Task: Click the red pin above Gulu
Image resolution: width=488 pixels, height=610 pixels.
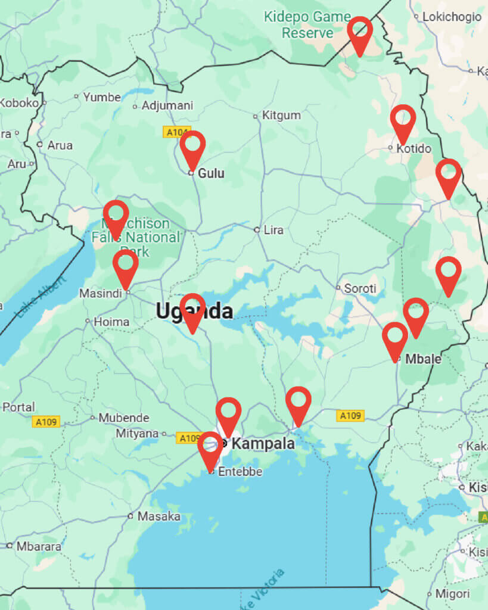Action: pos(192,145)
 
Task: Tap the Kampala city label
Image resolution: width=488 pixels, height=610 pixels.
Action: pos(262,444)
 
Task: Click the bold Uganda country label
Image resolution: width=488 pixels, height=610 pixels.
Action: pos(194,311)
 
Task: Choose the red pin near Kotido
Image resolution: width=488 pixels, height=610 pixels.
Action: pos(403,119)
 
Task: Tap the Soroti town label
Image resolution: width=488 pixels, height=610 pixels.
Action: pos(359,289)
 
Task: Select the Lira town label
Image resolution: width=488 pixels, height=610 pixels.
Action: pos(273,230)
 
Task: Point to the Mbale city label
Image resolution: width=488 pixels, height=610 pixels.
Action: pos(423,359)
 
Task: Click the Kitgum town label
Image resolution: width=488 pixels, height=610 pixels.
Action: pos(281,116)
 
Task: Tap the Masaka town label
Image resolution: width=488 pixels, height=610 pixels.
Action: pos(158,516)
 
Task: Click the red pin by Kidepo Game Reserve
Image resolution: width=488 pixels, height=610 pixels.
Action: pos(360,31)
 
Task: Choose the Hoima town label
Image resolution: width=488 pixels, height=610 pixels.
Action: pos(111,322)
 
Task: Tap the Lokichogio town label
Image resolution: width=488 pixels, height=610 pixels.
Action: pos(451,17)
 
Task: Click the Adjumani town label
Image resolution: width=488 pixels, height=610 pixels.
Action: pos(167,106)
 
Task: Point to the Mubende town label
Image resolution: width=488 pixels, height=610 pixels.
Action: pos(123,418)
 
